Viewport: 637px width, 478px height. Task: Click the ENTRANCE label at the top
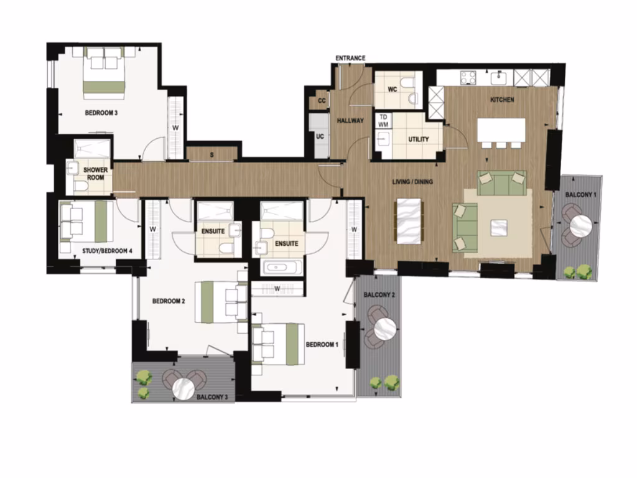pos(350,59)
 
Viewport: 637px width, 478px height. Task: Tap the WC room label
pos(392,90)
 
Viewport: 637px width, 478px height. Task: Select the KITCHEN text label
pos(502,100)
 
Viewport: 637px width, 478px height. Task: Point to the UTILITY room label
pos(418,139)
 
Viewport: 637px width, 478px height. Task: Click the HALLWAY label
pos(350,121)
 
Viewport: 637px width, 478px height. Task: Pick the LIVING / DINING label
pos(412,182)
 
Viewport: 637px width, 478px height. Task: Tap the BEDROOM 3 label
pos(101,113)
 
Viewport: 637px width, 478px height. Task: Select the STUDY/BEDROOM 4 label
pos(107,251)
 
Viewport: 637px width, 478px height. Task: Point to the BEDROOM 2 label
pos(169,301)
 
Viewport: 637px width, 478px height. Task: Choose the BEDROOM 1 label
pos(322,345)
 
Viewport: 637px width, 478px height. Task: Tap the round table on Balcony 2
pos(385,327)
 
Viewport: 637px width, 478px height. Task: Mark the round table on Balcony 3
pos(184,388)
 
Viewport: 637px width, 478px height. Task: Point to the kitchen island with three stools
pos(501,130)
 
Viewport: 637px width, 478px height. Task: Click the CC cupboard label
pos(322,101)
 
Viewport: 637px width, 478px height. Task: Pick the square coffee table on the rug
pos(499,228)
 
